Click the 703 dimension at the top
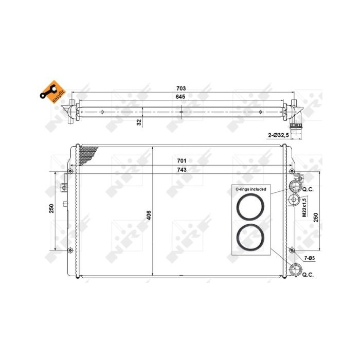[x=180, y=88]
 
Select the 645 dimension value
[x=180, y=97]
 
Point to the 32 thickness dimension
[x=139, y=122]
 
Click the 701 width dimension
[x=180, y=160]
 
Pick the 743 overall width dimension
[x=180, y=170]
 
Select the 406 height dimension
[x=149, y=214]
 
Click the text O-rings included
[x=250, y=189]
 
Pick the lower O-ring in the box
[x=250, y=237]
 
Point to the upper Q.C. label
[x=308, y=189]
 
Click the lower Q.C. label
[x=308, y=275]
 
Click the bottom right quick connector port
[x=295, y=269]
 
